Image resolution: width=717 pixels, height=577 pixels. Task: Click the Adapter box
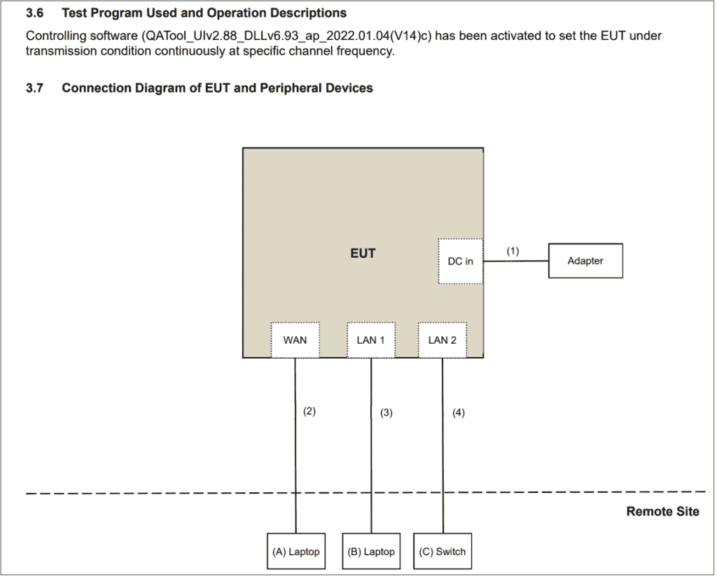coord(585,260)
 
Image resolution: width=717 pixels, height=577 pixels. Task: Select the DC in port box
coord(461,261)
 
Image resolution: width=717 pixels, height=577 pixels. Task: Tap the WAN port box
coord(295,340)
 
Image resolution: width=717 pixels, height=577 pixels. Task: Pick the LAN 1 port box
coord(371,340)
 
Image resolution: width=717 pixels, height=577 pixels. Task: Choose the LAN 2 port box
coord(443,340)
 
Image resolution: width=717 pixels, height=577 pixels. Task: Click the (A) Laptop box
coord(296,551)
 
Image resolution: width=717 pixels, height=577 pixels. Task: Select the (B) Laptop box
coord(371,551)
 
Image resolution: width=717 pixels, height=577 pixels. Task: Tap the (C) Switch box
coord(443,551)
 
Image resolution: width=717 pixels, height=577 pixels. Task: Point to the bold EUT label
coord(363,253)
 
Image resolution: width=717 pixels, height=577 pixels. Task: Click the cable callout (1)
coord(513,251)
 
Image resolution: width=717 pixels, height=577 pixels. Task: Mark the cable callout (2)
coord(309,411)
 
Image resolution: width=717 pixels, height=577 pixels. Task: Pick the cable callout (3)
coord(387,412)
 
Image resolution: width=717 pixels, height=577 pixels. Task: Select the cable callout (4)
coord(459,412)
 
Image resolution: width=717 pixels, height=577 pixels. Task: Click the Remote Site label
coord(662,511)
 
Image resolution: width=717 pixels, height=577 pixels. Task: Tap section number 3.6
coord(35,13)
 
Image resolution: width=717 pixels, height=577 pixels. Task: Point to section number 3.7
coord(35,88)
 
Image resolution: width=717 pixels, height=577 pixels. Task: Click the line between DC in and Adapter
coord(516,261)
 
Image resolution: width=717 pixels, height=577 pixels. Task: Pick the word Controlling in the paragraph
coord(55,36)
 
